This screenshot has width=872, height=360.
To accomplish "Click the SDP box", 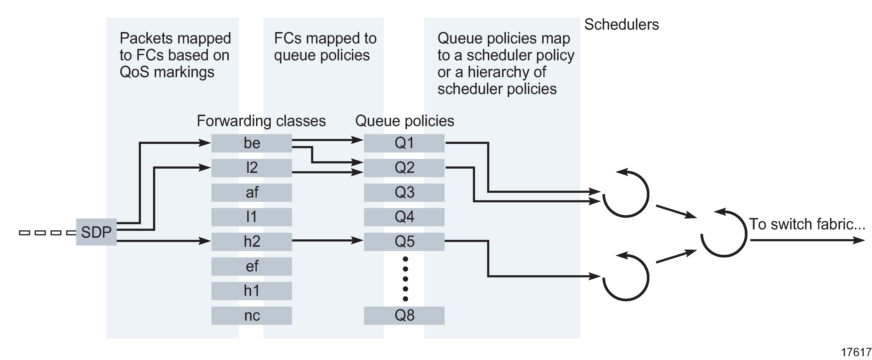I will [96, 232].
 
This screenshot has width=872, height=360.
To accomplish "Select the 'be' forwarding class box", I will [252, 143].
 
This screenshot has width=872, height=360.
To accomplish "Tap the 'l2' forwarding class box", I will [252, 168].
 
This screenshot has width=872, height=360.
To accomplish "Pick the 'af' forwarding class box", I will [252, 192].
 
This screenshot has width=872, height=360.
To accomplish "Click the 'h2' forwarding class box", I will [252, 242].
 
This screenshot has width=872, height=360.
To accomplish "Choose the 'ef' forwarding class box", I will [252, 266].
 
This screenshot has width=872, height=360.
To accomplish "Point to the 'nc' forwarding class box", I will [252, 316].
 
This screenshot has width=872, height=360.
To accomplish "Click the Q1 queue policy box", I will [404, 143].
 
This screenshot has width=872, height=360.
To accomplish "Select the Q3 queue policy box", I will [404, 192].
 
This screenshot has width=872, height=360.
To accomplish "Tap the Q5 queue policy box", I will [404, 242].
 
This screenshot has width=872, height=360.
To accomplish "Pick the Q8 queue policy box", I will [404, 316].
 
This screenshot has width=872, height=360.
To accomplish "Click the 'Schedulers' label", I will [621, 24].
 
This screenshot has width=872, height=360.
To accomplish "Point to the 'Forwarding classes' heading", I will [261, 121].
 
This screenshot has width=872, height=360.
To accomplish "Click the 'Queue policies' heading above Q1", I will [405, 121].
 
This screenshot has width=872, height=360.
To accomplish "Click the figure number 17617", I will [856, 352].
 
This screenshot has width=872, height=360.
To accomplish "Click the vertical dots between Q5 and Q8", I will [405, 279].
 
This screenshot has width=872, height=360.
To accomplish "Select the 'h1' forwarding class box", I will [252, 291].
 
